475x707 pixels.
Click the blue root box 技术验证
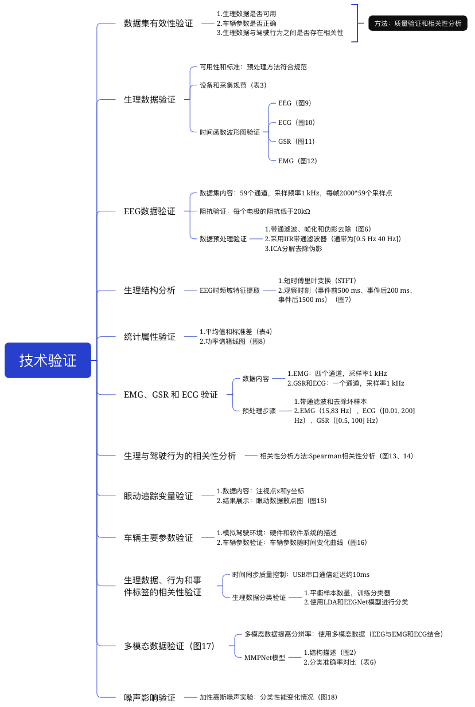(48, 360)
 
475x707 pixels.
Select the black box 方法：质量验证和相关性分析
(418, 23)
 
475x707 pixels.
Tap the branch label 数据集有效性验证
(158, 23)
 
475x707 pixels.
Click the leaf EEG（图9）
(294, 103)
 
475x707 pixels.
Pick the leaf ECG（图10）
(297, 123)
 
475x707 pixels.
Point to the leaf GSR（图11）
(297, 142)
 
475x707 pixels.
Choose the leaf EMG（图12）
(297, 161)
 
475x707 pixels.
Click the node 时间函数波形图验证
(230, 132)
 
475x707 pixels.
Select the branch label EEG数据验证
(150, 211)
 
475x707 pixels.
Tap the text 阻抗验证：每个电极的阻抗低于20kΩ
(255, 211)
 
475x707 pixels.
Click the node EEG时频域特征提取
(230, 290)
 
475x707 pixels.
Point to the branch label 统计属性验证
(150, 337)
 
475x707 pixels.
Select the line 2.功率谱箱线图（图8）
(232, 341)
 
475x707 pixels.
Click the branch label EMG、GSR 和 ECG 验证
(171, 395)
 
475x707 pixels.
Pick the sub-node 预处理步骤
(259, 411)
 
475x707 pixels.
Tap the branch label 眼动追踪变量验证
(158, 496)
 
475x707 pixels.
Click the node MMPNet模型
(265, 658)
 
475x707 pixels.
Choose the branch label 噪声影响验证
(150, 697)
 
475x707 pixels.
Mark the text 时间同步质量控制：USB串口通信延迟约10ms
(301, 575)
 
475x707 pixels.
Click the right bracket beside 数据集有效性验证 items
(357, 23)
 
